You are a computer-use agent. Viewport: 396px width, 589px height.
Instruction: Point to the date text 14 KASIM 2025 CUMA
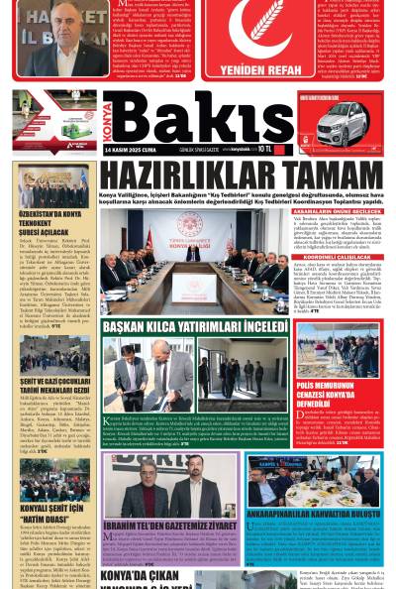pyautogui.click(x=131, y=150)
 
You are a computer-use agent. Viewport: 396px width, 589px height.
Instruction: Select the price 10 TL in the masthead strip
pyautogui.click(x=264, y=150)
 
